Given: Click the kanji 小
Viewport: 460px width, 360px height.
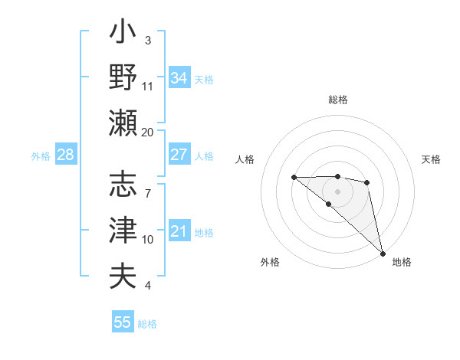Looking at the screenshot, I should [x=123, y=34].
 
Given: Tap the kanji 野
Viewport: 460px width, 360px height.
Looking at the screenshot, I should [x=123, y=77].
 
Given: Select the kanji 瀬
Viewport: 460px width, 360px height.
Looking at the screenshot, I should [x=123, y=123].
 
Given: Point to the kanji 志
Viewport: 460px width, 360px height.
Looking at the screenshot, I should [x=123, y=185].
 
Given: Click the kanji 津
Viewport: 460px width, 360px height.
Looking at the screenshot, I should [x=123, y=230].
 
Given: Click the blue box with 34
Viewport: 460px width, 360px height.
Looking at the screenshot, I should [x=179, y=78].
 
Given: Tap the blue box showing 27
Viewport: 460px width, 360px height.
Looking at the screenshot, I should [x=179, y=155].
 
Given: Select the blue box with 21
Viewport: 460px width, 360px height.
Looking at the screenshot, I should [x=179, y=231].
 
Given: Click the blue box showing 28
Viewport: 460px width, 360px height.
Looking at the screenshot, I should [x=65, y=155].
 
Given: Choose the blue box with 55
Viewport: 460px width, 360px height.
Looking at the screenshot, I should [x=123, y=322].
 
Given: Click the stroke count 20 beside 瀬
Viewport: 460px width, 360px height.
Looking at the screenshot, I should [x=148, y=132].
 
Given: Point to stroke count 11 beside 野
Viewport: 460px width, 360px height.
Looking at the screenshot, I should [x=148, y=86].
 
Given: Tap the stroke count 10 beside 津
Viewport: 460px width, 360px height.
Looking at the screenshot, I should [x=148, y=240].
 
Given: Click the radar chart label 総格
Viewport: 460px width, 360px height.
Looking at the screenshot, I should [x=338, y=100].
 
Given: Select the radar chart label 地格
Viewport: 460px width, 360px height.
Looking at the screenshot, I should [x=402, y=262].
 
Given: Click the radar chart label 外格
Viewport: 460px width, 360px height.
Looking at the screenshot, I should [x=270, y=262].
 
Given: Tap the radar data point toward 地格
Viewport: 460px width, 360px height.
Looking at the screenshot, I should [x=383, y=253].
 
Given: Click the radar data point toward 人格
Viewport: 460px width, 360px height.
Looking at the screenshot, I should [x=294, y=178].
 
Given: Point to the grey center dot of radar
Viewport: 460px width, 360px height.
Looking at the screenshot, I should [x=337, y=191].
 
